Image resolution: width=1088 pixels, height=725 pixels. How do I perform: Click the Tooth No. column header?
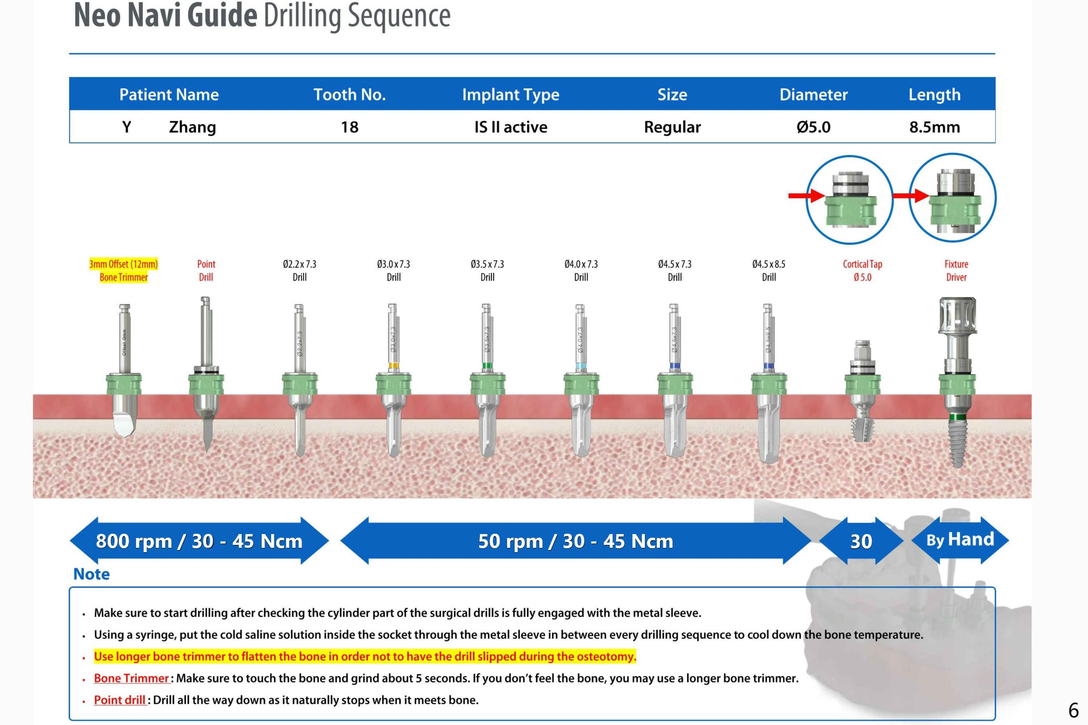click(x=350, y=94)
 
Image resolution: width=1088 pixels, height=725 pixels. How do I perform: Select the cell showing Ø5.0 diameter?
click(x=813, y=127)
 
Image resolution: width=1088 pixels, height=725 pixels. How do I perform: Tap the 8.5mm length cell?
click(x=934, y=127)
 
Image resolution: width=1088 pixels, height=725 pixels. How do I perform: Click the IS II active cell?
click(x=511, y=127)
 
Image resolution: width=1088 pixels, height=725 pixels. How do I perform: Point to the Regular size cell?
click(x=672, y=127)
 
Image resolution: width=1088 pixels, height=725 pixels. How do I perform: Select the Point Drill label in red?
click(x=206, y=271)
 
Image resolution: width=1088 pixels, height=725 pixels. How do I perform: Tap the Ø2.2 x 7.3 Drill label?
click(x=300, y=271)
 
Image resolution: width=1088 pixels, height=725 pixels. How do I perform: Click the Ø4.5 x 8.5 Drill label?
click(x=768, y=271)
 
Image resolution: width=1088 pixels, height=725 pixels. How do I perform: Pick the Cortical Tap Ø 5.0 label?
click(x=862, y=271)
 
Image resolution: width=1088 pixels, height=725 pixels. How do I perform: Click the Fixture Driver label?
click(x=956, y=271)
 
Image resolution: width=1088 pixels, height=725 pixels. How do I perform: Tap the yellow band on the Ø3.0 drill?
click(x=394, y=366)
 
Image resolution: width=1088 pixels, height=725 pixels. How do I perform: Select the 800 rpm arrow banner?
click(x=199, y=541)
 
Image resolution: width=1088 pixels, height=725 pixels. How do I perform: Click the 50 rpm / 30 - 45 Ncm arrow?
click(x=575, y=541)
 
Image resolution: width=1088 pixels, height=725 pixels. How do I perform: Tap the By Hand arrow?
click(x=960, y=539)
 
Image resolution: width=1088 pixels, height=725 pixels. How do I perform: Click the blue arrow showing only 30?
click(x=861, y=541)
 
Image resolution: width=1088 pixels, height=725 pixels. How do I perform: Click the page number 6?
click(x=1073, y=710)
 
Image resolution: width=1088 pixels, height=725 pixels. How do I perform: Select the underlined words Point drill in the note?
click(x=120, y=700)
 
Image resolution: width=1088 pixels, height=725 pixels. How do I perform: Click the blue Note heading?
click(x=92, y=574)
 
